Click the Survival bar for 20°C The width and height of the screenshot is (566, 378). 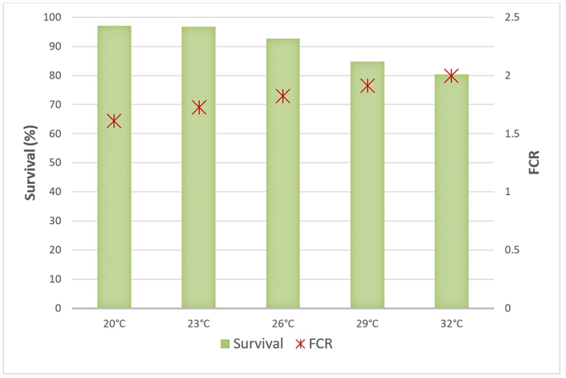coord(114,177)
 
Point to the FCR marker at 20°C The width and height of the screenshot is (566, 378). coord(114,121)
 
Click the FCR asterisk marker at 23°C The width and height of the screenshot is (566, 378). coord(199,107)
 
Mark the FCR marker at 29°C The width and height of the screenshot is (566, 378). coord(368,86)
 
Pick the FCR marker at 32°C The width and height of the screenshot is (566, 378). coord(452,75)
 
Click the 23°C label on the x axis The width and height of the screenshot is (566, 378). coord(199,324)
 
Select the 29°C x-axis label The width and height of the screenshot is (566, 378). coord(367,324)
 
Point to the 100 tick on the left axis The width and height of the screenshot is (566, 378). coord(53,18)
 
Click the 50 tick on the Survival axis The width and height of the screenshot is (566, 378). coord(55,163)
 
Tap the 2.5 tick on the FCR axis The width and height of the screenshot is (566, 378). coord(512,18)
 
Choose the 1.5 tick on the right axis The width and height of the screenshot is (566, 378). coord(512,134)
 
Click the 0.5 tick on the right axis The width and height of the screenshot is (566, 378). coord(512,250)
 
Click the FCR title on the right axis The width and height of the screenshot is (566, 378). coord(534,163)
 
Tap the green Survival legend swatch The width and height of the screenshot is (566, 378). coord(226,344)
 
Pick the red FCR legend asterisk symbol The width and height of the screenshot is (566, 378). coord(300,344)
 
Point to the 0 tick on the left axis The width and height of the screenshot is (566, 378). coord(58,308)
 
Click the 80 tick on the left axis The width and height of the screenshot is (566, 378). coord(55,75)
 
